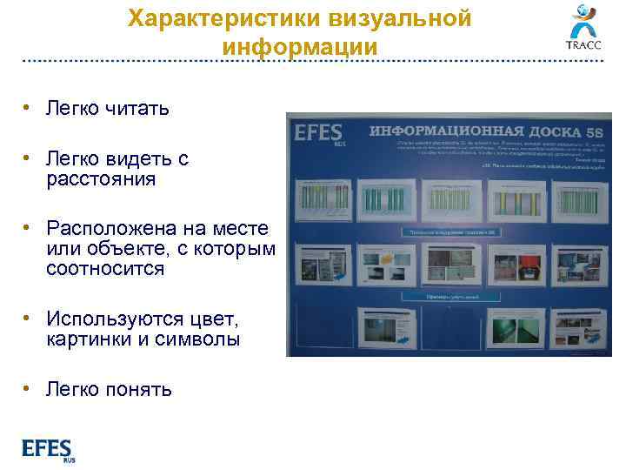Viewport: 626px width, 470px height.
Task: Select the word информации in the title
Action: click(299, 46)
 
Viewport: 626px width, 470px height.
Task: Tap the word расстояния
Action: click(102, 179)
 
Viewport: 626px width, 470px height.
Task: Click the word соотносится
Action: click(105, 269)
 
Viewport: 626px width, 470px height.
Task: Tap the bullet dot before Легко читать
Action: click(29, 109)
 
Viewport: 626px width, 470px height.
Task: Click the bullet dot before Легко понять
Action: click(29, 389)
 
